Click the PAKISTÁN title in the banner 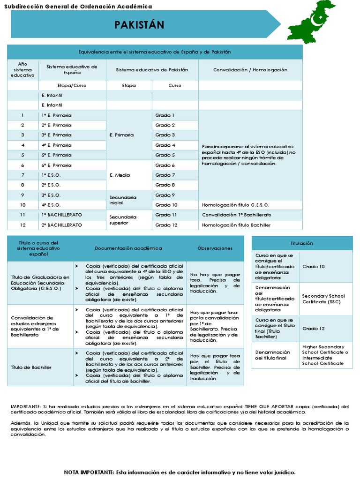click(x=139, y=25)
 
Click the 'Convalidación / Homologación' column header click(x=250, y=70)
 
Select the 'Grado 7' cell click(x=165, y=175)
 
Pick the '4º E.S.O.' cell click(x=51, y=205)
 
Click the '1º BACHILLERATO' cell click(x=61, y=215)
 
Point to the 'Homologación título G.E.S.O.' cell click(x=235, y=205)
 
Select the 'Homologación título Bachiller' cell click(x=236, y=225)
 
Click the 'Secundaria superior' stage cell click(x=123, y=219)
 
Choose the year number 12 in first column click(x=22, y=225)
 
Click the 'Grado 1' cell click(x=165, y=115)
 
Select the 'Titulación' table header click(x=302, y=243)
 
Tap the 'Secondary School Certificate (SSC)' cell click(x=324, y=299)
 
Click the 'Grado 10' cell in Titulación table click(x=314, y=266)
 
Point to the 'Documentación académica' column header click(x=128, y=248)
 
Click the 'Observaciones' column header click(x=215, y=248)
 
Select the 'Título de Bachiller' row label click(x=31, y=367)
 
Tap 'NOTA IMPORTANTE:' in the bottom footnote click(x=89, y=472)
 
